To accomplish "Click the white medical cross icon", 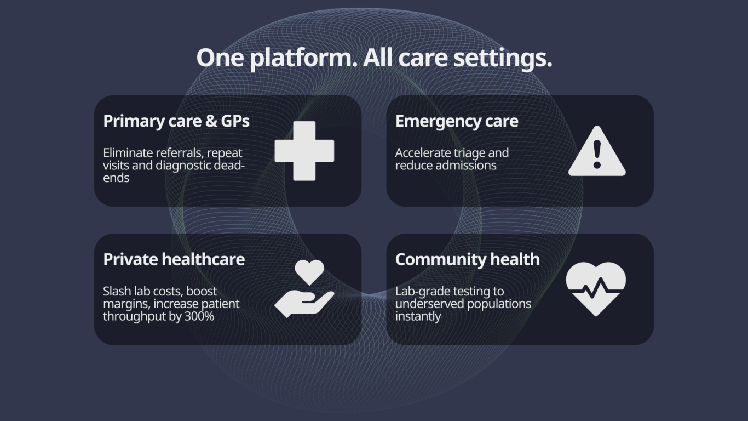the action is [304, 151].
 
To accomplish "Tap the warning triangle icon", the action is [597, 151].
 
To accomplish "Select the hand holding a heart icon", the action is [304, 288].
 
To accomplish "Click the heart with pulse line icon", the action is [596, 289].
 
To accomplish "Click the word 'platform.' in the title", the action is [304, 59].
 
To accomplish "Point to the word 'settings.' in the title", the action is [503, 59].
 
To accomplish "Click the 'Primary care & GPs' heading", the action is [176, 121].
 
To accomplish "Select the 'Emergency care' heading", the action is [457, 121].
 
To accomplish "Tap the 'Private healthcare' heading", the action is [174, 259].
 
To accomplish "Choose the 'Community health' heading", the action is [468, 259].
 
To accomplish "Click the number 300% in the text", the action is [199, 316].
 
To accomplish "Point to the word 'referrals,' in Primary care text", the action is [180, 153].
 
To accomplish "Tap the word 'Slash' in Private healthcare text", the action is [117, 291].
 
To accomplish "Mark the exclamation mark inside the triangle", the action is [597, 154].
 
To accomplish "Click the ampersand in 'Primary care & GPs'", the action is [211, 121].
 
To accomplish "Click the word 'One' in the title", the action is [220, 58].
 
